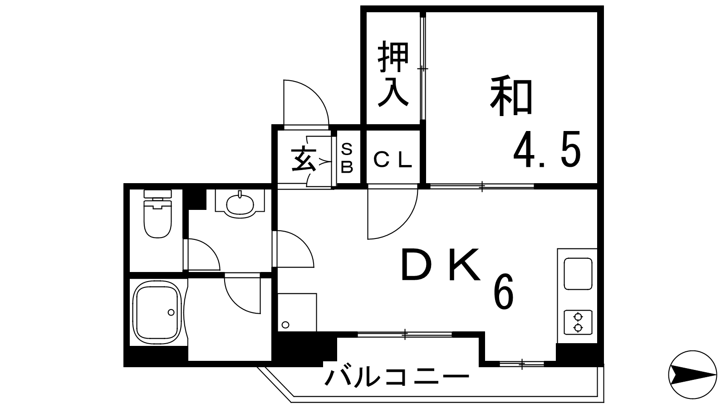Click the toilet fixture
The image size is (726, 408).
[x=157, y=214]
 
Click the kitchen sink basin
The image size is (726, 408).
[x=578, y=274]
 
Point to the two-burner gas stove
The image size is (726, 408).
[x=578, y=322]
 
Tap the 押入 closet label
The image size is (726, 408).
[x=393, y=73]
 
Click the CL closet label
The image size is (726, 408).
[x=392, y=160]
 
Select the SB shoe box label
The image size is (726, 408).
[x=347, y=158]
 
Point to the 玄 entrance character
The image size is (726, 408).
[x=304, y=159]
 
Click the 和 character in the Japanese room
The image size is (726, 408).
[x=511, y=96]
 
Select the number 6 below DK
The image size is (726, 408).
[x=503, y=291]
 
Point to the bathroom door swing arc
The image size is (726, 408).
[x=242, y=293]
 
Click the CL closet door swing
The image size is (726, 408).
[x=392, y=214]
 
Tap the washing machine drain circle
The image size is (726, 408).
[x=285, y=325]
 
